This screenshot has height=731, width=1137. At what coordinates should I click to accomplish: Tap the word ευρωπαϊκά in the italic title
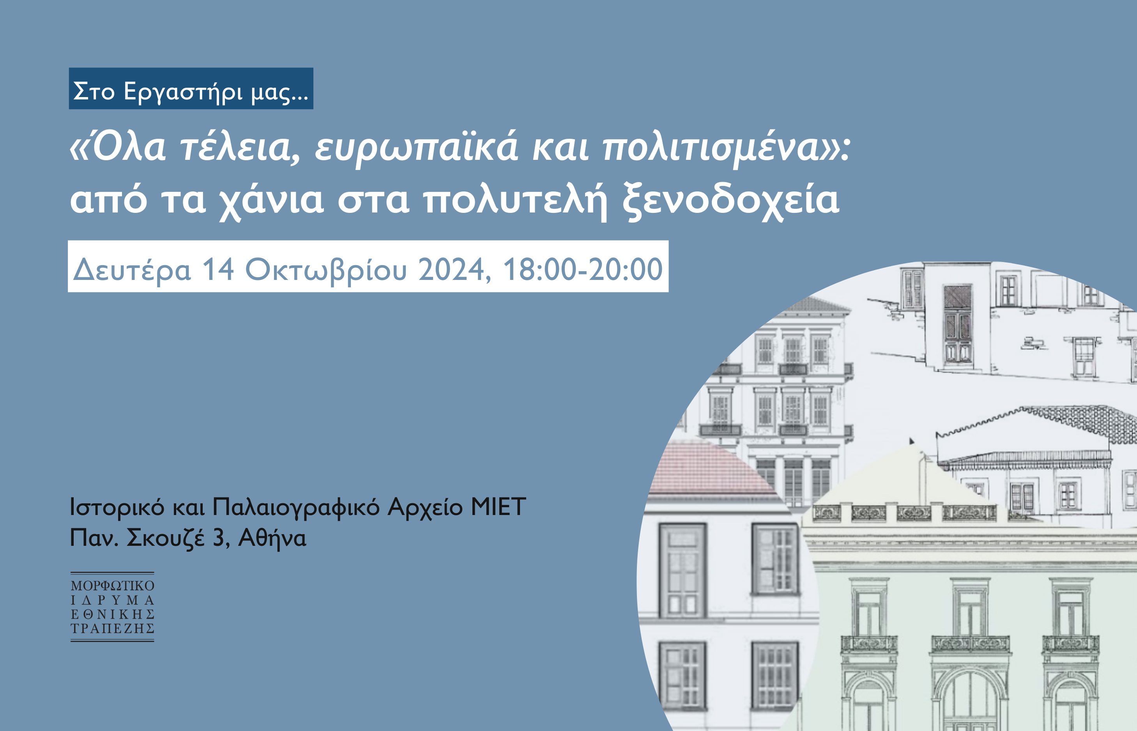417,148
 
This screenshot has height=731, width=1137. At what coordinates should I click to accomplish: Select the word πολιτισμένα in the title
711,148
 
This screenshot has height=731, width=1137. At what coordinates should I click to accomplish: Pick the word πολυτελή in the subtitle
515,201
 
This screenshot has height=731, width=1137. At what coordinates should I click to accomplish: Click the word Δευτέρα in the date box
132,270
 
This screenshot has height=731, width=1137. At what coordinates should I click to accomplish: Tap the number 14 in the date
218,270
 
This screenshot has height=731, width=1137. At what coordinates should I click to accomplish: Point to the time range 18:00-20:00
582,270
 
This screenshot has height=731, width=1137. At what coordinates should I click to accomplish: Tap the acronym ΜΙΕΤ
498,506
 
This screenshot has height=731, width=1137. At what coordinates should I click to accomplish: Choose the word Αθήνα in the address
272,538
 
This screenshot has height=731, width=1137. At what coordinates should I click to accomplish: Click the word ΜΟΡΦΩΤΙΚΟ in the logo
113,586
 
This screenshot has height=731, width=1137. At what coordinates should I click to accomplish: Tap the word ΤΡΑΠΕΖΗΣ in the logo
113,628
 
